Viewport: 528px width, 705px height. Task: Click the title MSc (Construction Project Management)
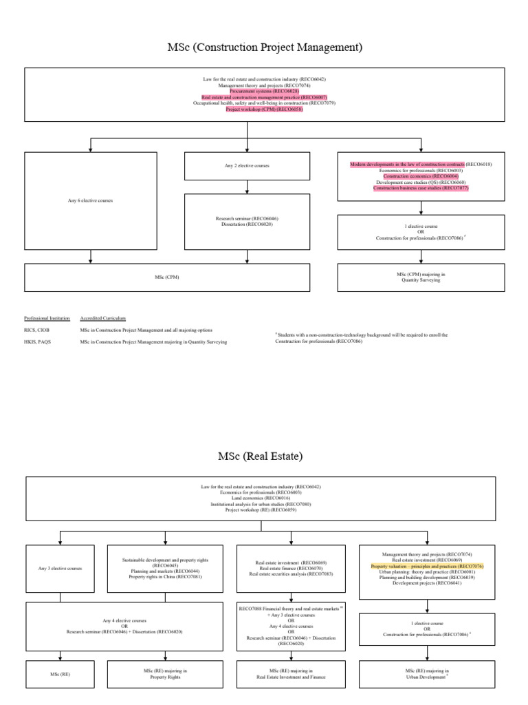[265, 47]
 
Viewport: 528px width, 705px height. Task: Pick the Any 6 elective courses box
[91, 200]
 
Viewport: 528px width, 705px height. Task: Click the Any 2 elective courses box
[247, 166]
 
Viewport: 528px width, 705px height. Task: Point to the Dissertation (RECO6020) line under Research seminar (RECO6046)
[247, 224]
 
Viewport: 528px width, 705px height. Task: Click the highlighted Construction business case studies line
[421, 188]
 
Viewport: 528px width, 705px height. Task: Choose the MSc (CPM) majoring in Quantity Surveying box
[421, 277]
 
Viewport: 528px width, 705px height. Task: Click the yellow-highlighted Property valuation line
[427, 566]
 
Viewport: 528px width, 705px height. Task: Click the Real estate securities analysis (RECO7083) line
[290, 574]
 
